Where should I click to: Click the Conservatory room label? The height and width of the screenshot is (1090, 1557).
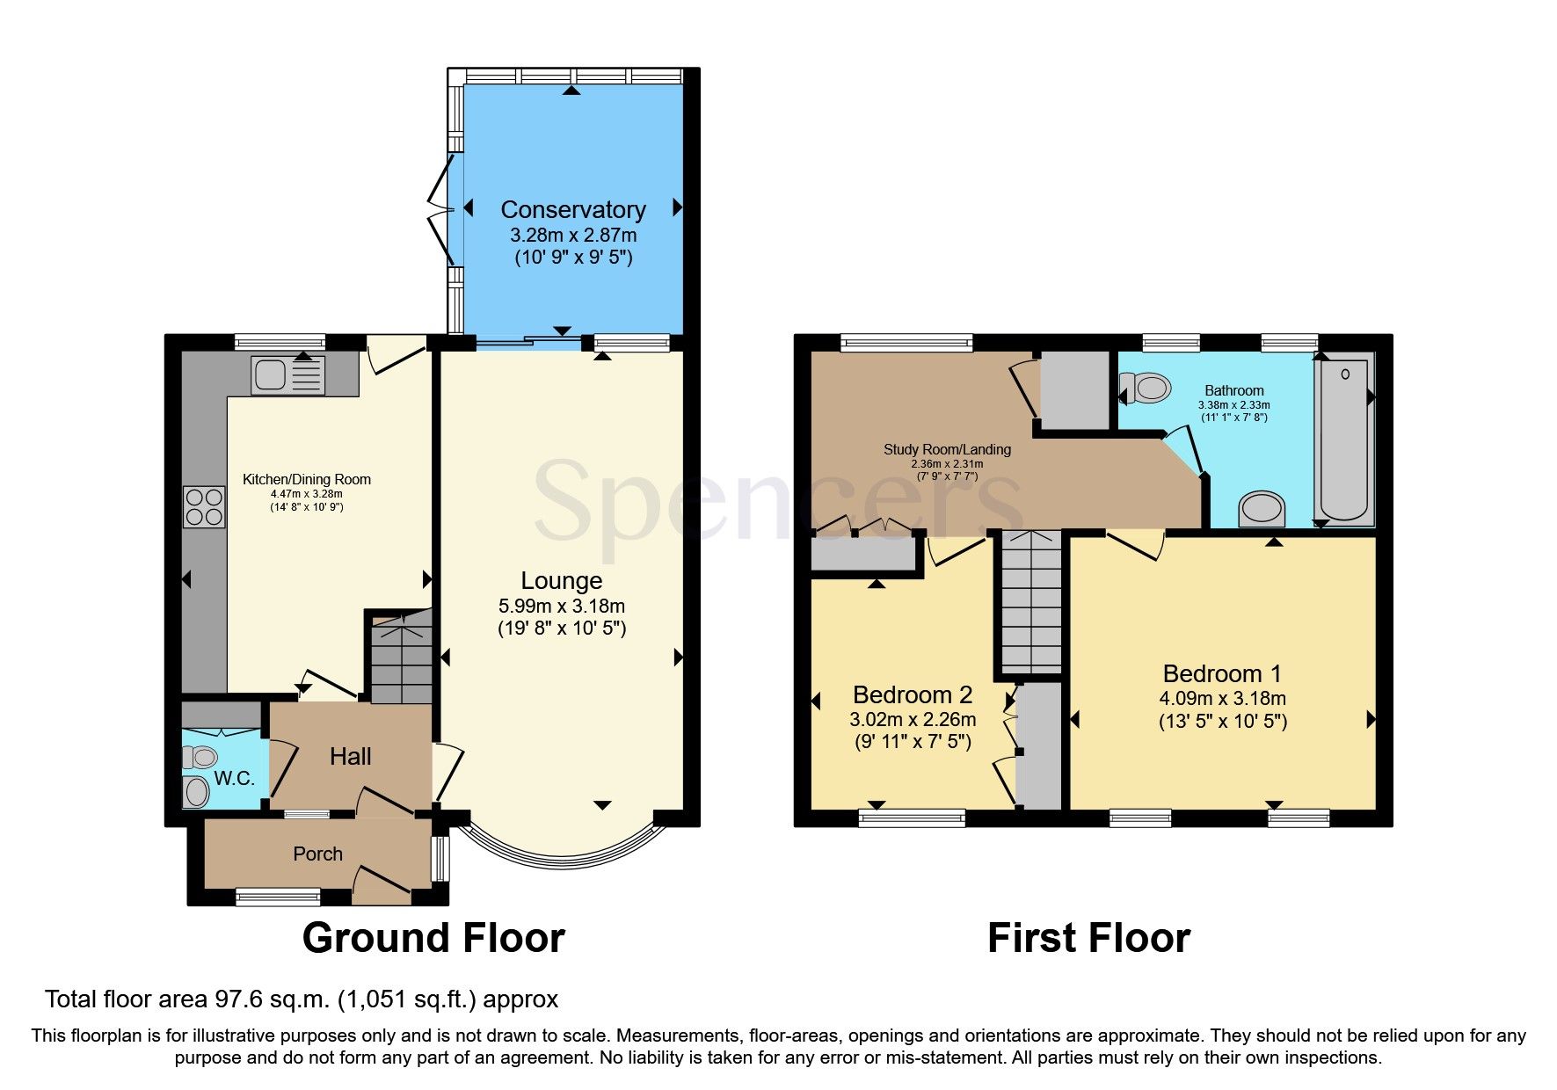(572, 210)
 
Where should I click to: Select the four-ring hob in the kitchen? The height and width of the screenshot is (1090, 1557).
(204, 507)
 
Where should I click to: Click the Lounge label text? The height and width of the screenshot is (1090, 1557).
(561, 581)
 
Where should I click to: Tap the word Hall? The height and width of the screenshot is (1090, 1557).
(350, 757)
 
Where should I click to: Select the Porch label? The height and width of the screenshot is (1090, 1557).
(317, 854)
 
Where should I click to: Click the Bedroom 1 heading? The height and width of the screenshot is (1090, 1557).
(1221, 674)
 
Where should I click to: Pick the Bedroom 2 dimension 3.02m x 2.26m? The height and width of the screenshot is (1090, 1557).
(913, 719)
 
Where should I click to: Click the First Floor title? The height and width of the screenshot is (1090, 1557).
(1088, 938)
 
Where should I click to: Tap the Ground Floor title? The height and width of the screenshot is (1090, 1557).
(433, 938)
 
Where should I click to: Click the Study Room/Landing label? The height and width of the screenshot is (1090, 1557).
(947, 449)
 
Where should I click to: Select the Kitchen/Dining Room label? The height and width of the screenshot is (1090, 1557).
(306, 480)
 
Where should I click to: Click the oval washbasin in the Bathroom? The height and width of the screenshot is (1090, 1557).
(1262, 510)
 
